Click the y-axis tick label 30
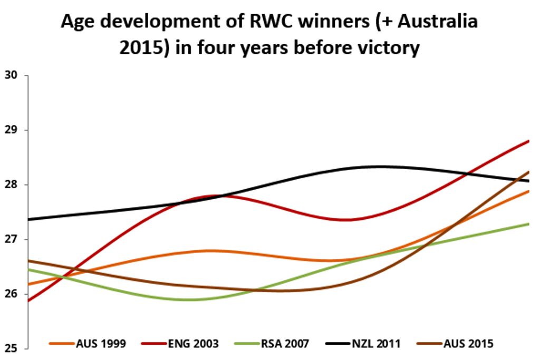click(11, 75)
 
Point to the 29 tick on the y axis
click(11, 130)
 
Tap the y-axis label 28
click(11, 184)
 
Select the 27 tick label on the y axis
click(11, 239)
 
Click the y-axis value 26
click(11, 294)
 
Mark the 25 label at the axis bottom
click(11, 348)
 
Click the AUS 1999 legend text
click(101, 344)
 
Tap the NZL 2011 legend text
click(376, 344)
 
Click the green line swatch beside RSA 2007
click(246, 344)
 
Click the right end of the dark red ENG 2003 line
click(528, 141)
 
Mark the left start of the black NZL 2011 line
click(28, 219)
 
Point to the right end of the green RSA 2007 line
click(528, 224)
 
